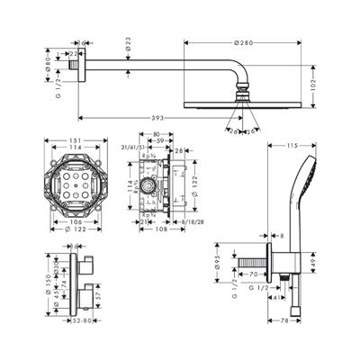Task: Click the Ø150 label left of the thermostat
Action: click(x=47, y=281)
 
